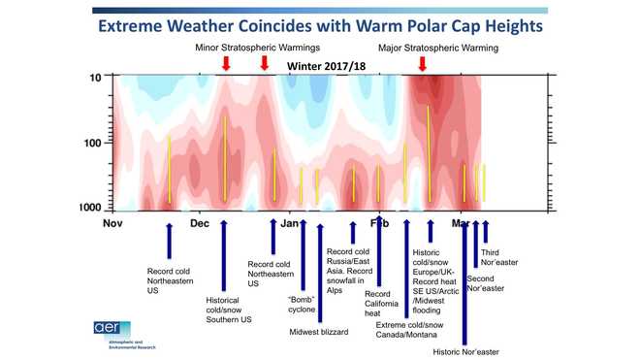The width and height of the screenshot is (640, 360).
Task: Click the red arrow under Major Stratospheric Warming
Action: pos(422,64)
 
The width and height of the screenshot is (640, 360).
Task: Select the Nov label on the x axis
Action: pos(113,223)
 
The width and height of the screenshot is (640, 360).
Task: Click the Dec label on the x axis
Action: pos(200,223)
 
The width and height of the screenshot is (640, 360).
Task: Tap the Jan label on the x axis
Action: pos(290,223)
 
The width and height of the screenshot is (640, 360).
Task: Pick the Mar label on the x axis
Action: pos(461,223)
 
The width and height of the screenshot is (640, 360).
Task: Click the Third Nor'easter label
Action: pos(496,258)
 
